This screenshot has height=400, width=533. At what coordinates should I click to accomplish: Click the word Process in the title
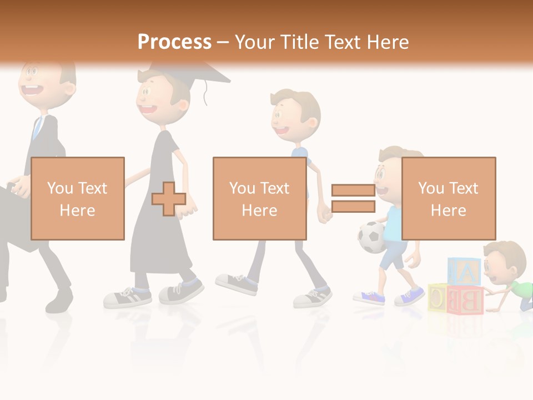click(174, 42)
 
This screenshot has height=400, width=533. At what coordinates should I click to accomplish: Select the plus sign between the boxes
click(169, 198)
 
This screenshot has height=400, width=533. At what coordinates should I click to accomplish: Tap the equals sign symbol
click(353, 198)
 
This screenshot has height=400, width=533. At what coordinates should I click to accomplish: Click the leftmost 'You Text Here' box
click(77, 198)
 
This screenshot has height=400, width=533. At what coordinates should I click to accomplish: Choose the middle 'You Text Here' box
click(259, 198)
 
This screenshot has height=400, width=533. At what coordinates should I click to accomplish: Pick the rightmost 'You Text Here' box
click(448, 198)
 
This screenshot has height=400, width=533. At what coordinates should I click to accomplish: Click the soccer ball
click(371, 237)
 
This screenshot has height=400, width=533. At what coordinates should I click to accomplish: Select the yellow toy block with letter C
click(438, 298)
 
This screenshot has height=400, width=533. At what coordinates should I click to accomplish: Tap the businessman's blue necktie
click(37, 128)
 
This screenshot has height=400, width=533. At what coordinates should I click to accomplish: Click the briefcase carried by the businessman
click(14, 217)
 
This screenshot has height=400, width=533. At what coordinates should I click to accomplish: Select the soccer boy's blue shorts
click(393, 256)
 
